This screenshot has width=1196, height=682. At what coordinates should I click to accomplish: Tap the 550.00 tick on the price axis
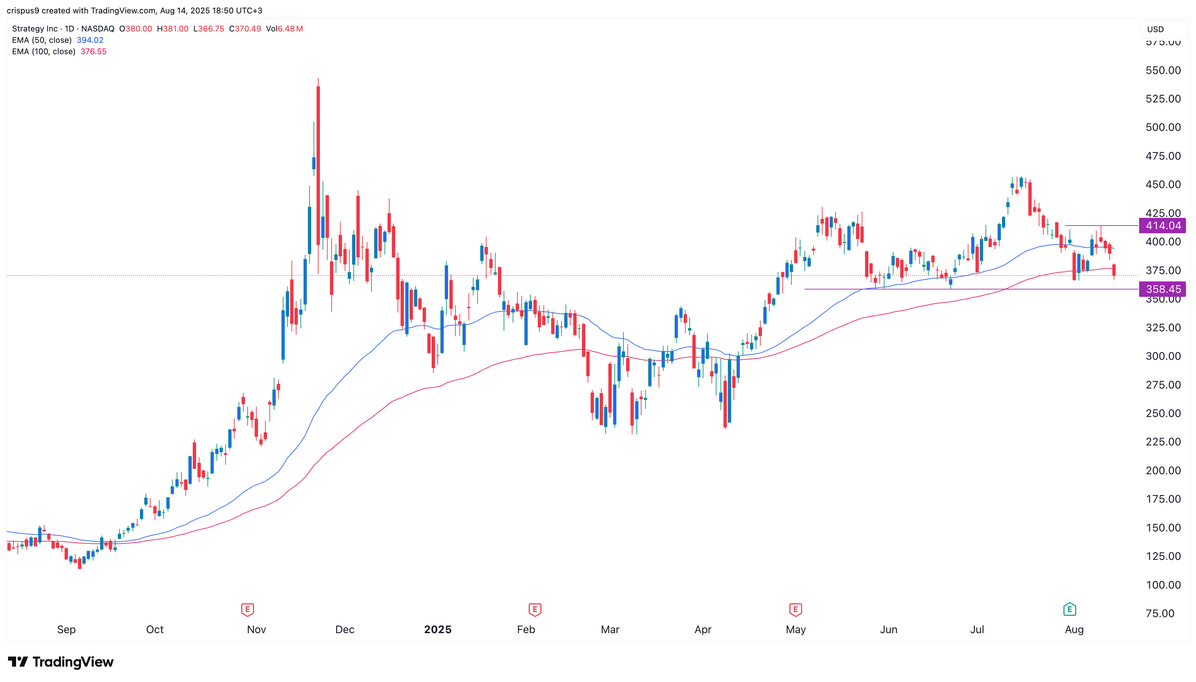click(x=1163, y=70)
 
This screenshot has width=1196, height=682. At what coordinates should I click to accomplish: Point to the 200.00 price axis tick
click(x=1163, y=470)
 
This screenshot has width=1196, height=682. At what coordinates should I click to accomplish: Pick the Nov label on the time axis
click(x=256, y=629)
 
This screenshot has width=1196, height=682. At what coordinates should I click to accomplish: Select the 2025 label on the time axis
click(x=437, y=629)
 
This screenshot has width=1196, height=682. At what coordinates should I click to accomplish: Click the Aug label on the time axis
click(x=1074, y=629)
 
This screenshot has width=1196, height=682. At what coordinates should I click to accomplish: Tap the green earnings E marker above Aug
click(x=1070, y=609)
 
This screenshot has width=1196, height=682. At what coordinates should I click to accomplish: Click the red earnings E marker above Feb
click(x=535, y=609)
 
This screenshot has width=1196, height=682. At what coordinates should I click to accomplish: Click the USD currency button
click(x=1155, y=29)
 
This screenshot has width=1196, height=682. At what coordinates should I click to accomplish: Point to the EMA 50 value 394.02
click(x=90, y=40)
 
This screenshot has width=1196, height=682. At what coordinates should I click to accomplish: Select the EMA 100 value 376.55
click(x=94, y=52)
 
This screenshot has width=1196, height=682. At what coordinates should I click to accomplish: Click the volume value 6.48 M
click(x=290, y=28)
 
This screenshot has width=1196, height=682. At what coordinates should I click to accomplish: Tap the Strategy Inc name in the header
click(x=35, y=28)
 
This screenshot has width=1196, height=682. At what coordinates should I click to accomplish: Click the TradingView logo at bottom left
click(x=61, y=662)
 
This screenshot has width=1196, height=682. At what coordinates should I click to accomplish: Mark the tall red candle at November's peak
click(x=319, y=164)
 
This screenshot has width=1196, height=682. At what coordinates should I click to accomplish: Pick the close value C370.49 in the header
click(x=245, y=28)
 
